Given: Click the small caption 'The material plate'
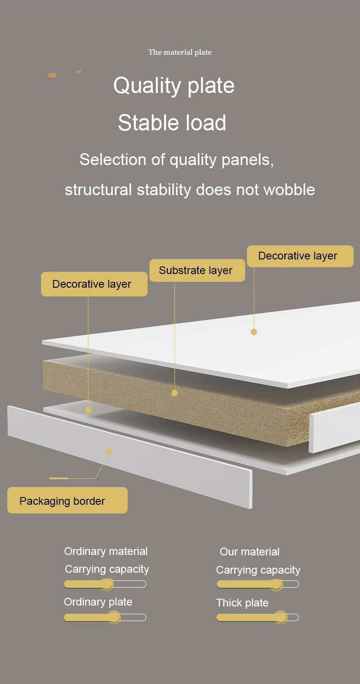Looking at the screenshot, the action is pyautogui.click(x=180, y=52).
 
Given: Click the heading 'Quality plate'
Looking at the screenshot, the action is pyautogui.click(x=174, y=86).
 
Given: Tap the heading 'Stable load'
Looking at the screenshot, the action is pyautogui.click(x=172, y=123).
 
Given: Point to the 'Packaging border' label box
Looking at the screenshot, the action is pyautogui.click(x=67, y=501).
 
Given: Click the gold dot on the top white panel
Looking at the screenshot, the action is pyautogui.click(x=254, y=332).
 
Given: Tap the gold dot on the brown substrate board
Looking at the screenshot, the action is pyautogui.click(x=175, y=393).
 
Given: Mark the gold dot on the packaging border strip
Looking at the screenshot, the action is pyautogui.click(x=109, y=451).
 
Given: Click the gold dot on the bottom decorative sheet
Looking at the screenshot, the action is pyautogui.click(x=88, y=410).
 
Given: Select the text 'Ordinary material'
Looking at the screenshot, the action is pyautogui.click(x=106, y=551).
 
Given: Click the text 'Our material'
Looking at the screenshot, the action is pyautogui.click(x=249, y=552).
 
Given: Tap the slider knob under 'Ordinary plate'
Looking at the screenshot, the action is pyautogui.click(x=114, y=617).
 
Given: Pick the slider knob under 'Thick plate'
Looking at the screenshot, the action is pyautogui.click(x=281, y=617).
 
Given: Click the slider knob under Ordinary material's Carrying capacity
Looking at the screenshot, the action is pyautogui.click(x=107, y=584).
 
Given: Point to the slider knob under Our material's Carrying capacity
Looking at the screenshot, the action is pyautogui.click(x=276, y=584).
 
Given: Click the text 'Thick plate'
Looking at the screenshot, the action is pyautogui.click(x=242, y=603).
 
